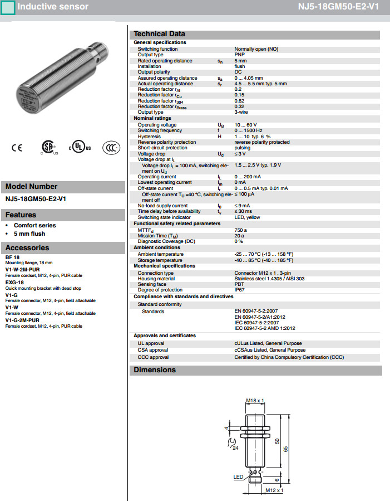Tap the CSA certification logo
point(48,147)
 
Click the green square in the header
point(7,7)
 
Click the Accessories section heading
point(28,248)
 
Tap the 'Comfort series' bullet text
point(35,226)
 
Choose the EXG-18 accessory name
point(13,283)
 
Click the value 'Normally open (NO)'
point(256,49)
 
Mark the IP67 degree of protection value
point(239,290)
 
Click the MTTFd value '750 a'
point(240,230)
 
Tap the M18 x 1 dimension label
point(255,401)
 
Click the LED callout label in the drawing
point(238,477)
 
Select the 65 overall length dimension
point(286,449)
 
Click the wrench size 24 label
point(235,447)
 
